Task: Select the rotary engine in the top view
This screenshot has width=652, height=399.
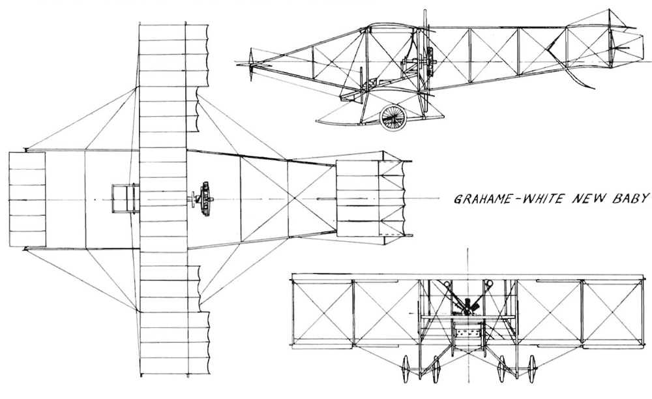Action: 204,198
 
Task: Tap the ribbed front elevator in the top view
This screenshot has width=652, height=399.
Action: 27,199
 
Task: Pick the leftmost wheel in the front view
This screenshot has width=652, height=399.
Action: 406,368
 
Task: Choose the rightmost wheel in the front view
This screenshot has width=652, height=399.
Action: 532,368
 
